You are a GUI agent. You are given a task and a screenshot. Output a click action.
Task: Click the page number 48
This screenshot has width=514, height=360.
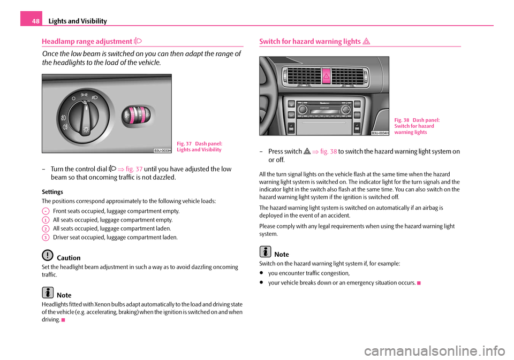(31, 21)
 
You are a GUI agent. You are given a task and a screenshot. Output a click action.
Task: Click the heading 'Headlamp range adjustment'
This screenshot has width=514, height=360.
(84, 41)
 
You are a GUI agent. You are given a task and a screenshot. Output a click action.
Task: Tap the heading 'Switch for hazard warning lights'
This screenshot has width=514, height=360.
(309, 41)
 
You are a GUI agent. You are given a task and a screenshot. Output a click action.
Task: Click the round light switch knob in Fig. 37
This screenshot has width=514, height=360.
(86, 113)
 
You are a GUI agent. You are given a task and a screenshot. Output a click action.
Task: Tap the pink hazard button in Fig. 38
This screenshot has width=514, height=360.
(325, 76)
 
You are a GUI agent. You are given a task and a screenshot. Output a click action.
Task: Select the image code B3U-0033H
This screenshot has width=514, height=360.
(162, 150)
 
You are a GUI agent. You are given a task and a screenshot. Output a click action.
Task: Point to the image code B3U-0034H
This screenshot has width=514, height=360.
(380, 133)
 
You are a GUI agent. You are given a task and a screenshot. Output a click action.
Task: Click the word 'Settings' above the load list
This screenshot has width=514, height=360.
(52, 191)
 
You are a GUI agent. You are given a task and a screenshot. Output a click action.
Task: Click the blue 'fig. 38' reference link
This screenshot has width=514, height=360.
(328, 151)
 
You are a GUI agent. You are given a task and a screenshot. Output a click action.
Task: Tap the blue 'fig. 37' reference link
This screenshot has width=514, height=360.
(134, 170)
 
